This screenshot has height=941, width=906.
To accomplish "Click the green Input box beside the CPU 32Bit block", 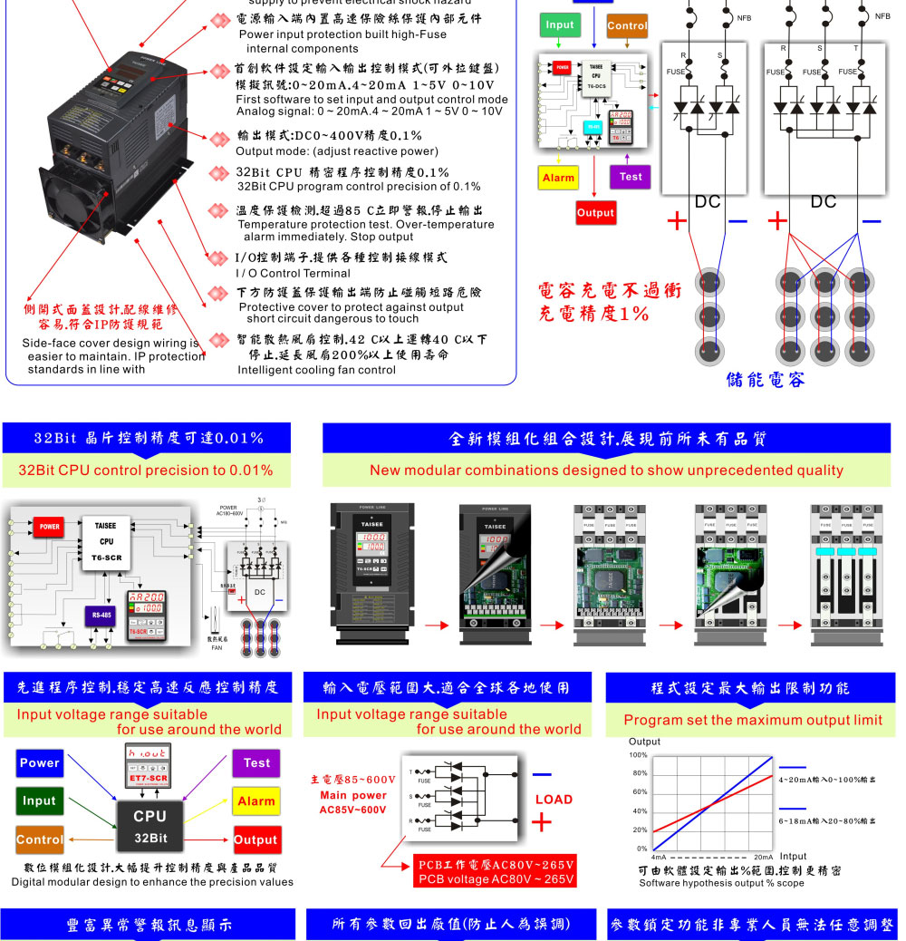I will tap(39, 800).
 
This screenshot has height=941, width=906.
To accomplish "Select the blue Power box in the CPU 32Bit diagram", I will tap(39, 763).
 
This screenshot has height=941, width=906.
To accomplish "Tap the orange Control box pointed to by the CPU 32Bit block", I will tap(39, 839).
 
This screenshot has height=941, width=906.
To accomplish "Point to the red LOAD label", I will tap(554, 800).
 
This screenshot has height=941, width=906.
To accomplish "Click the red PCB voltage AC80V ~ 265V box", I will tap(496, 871).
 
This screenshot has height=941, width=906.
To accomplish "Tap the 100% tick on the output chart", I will tap(639, 755).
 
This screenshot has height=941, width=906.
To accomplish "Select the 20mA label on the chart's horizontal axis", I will tap(764, 857).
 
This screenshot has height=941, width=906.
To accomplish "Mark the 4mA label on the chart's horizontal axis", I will tap(660, 857).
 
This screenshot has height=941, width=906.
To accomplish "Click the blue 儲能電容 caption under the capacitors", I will tap(765, 379).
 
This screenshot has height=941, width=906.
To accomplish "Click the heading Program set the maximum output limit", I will tap(753, 720).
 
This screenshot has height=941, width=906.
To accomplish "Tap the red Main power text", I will tap(352, 795).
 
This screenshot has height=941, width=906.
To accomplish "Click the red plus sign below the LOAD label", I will tap(542, 823).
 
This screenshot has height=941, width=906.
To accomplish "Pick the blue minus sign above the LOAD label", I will tap(542, 775).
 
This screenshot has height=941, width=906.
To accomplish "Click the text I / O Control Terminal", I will tap(293, 273).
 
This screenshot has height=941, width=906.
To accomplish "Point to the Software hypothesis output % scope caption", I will tap(721, 883).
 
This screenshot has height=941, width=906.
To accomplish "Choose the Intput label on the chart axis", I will tap(793, 856).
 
